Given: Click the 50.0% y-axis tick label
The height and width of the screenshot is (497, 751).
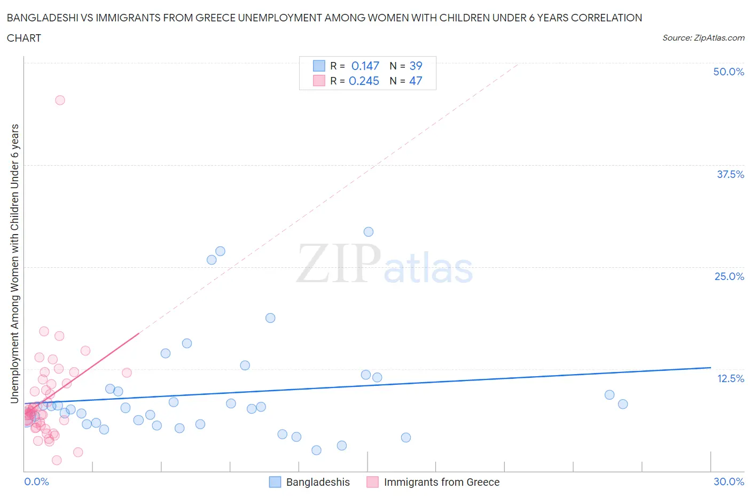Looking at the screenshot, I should click(x=729, y=72).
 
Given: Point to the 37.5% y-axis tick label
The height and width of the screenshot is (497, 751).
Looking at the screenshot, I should click(x=730, y=174).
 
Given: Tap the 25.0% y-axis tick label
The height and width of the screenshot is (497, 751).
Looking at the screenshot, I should click(x=729, y=276).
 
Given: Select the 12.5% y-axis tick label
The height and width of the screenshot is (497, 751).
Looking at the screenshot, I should click(x=730, y=378).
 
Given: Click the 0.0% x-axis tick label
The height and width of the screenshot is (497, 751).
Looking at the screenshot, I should click(x=36, y=482).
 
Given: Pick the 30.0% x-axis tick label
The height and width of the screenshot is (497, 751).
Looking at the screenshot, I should click(x=729, y=482).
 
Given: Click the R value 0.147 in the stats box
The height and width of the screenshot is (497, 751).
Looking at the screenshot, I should click(x=365, y=66).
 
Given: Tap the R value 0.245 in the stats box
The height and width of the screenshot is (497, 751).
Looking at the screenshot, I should click(x=364, y=81).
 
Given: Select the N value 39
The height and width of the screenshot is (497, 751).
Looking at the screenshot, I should click(x=416, y=66).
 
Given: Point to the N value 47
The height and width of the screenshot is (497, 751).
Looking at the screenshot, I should click(x=416, y=81).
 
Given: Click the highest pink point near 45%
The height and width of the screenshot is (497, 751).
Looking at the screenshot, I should click(x=60, y=100).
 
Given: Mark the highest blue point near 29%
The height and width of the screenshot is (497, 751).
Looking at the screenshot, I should click(x=369, y=232).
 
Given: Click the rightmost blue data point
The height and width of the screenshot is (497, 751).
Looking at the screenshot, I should click(x=623, y=404).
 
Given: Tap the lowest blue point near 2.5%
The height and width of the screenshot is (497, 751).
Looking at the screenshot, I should click(x=316, y=450).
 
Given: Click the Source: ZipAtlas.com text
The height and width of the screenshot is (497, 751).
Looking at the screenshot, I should click(x=703, y=37).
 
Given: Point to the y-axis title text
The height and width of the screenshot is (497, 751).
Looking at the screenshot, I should click(x=14, y=263).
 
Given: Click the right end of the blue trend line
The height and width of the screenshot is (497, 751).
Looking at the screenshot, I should click(x=710, y=368).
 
